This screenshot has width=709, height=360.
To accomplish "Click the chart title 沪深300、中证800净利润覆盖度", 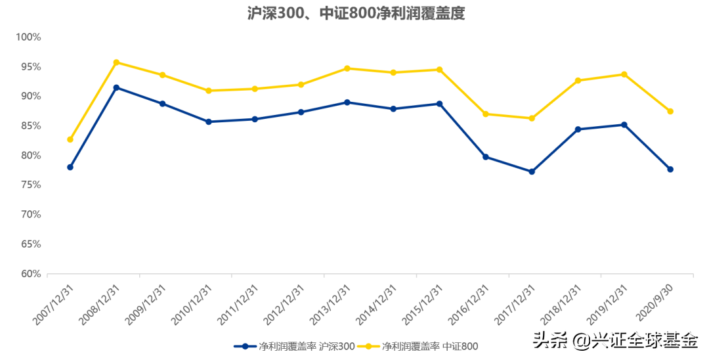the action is (x=356, y=13).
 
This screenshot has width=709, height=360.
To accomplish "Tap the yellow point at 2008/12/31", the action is (x=116, y=62).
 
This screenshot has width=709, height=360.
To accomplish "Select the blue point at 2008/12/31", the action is (x=116, y=87).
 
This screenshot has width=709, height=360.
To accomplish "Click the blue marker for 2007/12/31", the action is (x=70, y=168).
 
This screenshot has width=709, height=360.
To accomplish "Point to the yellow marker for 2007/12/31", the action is (x=70, y=139).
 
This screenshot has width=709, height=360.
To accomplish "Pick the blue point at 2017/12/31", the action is (x=532, y=172).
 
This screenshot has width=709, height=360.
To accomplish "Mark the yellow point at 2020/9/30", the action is (x=670, y=111).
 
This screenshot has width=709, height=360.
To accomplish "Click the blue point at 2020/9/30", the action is (x=670, y=169).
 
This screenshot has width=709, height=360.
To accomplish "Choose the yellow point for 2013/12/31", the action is (x=347, y=68).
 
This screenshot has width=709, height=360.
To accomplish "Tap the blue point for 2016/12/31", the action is (x=486, y=157).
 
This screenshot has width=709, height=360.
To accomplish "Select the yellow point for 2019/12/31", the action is (x=624, y=74).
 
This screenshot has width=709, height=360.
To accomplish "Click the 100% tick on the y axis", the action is (x=28, y=37).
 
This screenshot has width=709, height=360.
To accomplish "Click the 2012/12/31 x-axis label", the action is (x=284, y=305).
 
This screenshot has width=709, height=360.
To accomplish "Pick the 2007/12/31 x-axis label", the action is (x=53, y=305).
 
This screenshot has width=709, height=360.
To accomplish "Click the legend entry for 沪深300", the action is (x=294, y=346).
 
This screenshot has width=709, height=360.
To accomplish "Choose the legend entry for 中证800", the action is (x=418, y=346).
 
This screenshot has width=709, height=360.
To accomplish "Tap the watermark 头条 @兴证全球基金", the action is (x=616, y=340).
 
